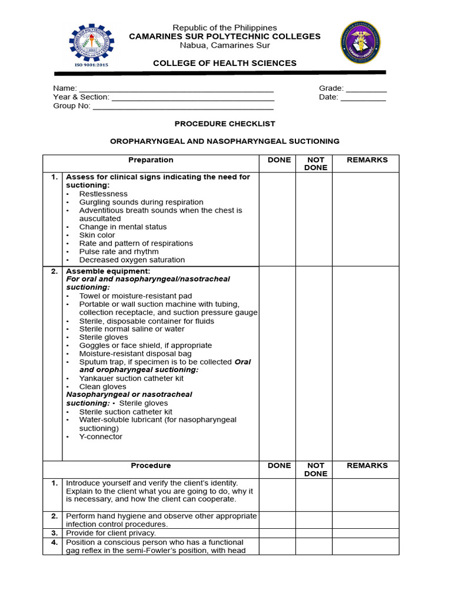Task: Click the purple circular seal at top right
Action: [360, 42]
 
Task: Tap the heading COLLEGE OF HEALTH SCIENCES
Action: [225, 63]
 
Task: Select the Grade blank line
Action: [365, 89]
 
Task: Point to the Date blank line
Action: [363, 98]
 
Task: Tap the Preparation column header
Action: [151, 160]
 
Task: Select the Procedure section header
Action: [151, 466]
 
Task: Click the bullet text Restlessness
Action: [103, 194]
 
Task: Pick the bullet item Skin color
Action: [97, 235]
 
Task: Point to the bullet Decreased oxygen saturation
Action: [132, 260]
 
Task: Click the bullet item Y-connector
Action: [101, 437]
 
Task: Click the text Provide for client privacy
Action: [111, 533]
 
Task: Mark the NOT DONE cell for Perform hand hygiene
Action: [314, 520]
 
